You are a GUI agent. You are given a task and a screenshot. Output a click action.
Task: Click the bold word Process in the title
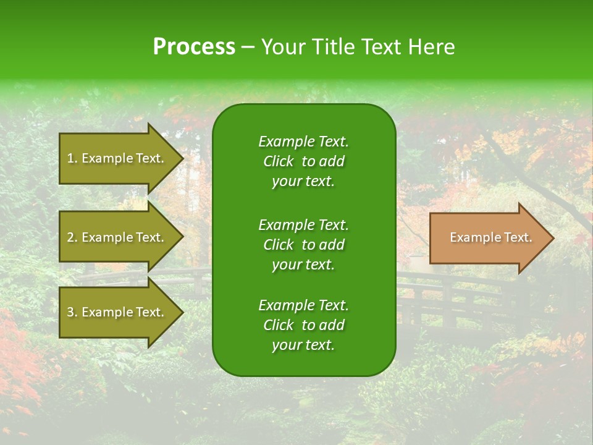(x=194, y=47)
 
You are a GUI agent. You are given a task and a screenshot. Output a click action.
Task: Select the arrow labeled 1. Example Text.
(x=117, y=158)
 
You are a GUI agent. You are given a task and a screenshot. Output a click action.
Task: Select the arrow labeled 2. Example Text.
(x=117, y=237)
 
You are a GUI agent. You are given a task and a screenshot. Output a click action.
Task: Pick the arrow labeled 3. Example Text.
(x=117, y=312)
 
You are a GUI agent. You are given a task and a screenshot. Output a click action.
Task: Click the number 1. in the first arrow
(x=72, y=158)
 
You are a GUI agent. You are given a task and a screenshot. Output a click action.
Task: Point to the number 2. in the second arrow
(x=72, y=237)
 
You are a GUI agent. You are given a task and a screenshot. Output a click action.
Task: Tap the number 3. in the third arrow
(x=72, y=312)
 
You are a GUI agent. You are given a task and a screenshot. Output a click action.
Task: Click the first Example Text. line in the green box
(x=303, y=142)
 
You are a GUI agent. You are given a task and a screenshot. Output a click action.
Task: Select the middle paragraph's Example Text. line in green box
(x=303, y=224)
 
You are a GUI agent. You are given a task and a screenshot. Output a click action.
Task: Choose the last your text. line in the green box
(x=303, y=345)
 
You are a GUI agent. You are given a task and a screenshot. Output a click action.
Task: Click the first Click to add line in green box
(x=303, y=161)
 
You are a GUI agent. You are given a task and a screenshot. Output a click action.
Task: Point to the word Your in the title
(x=281, y=47)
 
